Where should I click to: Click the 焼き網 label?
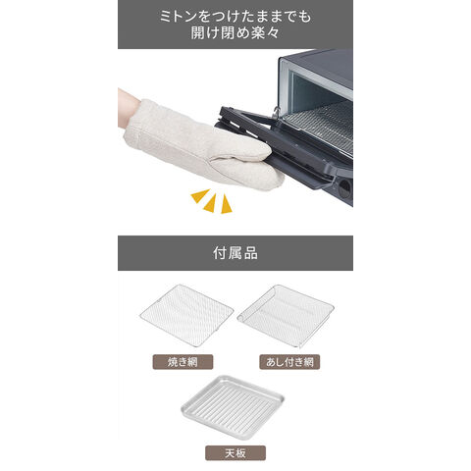point(183,362)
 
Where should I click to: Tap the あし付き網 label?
point(289,362)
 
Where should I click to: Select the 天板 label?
point(235,453)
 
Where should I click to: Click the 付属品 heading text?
point(235,253)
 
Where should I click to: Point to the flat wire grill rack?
point(186,315)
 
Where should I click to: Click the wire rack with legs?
point(286,316)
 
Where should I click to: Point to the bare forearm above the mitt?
point(129,107)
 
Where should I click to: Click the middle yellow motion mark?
point(210,203)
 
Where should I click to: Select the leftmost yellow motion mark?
point(200,195)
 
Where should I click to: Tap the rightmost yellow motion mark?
point(226,205)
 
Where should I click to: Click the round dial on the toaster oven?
point(344,188)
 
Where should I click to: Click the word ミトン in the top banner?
point(182,16)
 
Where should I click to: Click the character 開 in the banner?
point(198,33)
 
